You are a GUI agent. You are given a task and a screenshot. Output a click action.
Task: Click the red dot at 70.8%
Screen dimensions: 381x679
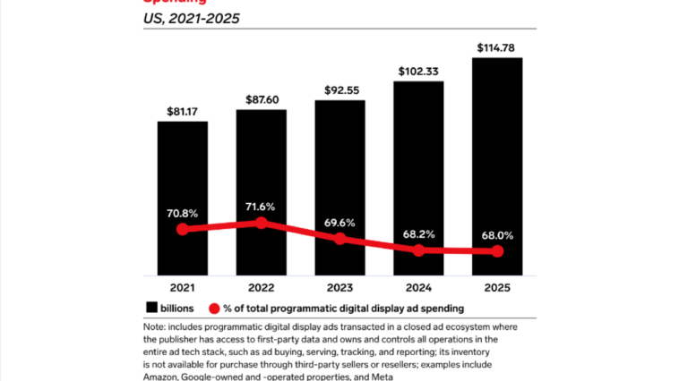click(183, 229)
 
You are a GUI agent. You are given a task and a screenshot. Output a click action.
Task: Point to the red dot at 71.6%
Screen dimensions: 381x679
click(261, 222)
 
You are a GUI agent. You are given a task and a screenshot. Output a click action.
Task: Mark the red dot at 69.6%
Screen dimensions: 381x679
click(339, 239)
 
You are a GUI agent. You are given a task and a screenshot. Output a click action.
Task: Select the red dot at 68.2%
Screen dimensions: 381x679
click(418, 250)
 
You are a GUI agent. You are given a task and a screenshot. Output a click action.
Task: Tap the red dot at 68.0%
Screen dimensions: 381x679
click(497, 252)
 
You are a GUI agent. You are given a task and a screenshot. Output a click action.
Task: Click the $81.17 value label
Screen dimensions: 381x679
click(183, 112)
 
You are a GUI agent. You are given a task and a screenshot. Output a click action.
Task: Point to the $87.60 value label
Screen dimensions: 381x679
click(261, 100)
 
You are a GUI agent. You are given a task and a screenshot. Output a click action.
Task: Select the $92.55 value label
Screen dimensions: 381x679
click(339, 90)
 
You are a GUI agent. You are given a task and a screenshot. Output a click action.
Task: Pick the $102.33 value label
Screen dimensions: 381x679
click(418, 72)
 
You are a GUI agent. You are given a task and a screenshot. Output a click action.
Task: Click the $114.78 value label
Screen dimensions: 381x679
click(497, 48)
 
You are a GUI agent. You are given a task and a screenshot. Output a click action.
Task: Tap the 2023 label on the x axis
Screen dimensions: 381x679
click(339, 289)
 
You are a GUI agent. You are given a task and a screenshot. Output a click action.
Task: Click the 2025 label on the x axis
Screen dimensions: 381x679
click(497, 289)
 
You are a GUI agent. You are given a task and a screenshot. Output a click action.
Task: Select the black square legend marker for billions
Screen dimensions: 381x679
click(150, 309)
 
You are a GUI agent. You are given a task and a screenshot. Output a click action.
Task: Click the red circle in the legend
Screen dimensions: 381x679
click(214, 309)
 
